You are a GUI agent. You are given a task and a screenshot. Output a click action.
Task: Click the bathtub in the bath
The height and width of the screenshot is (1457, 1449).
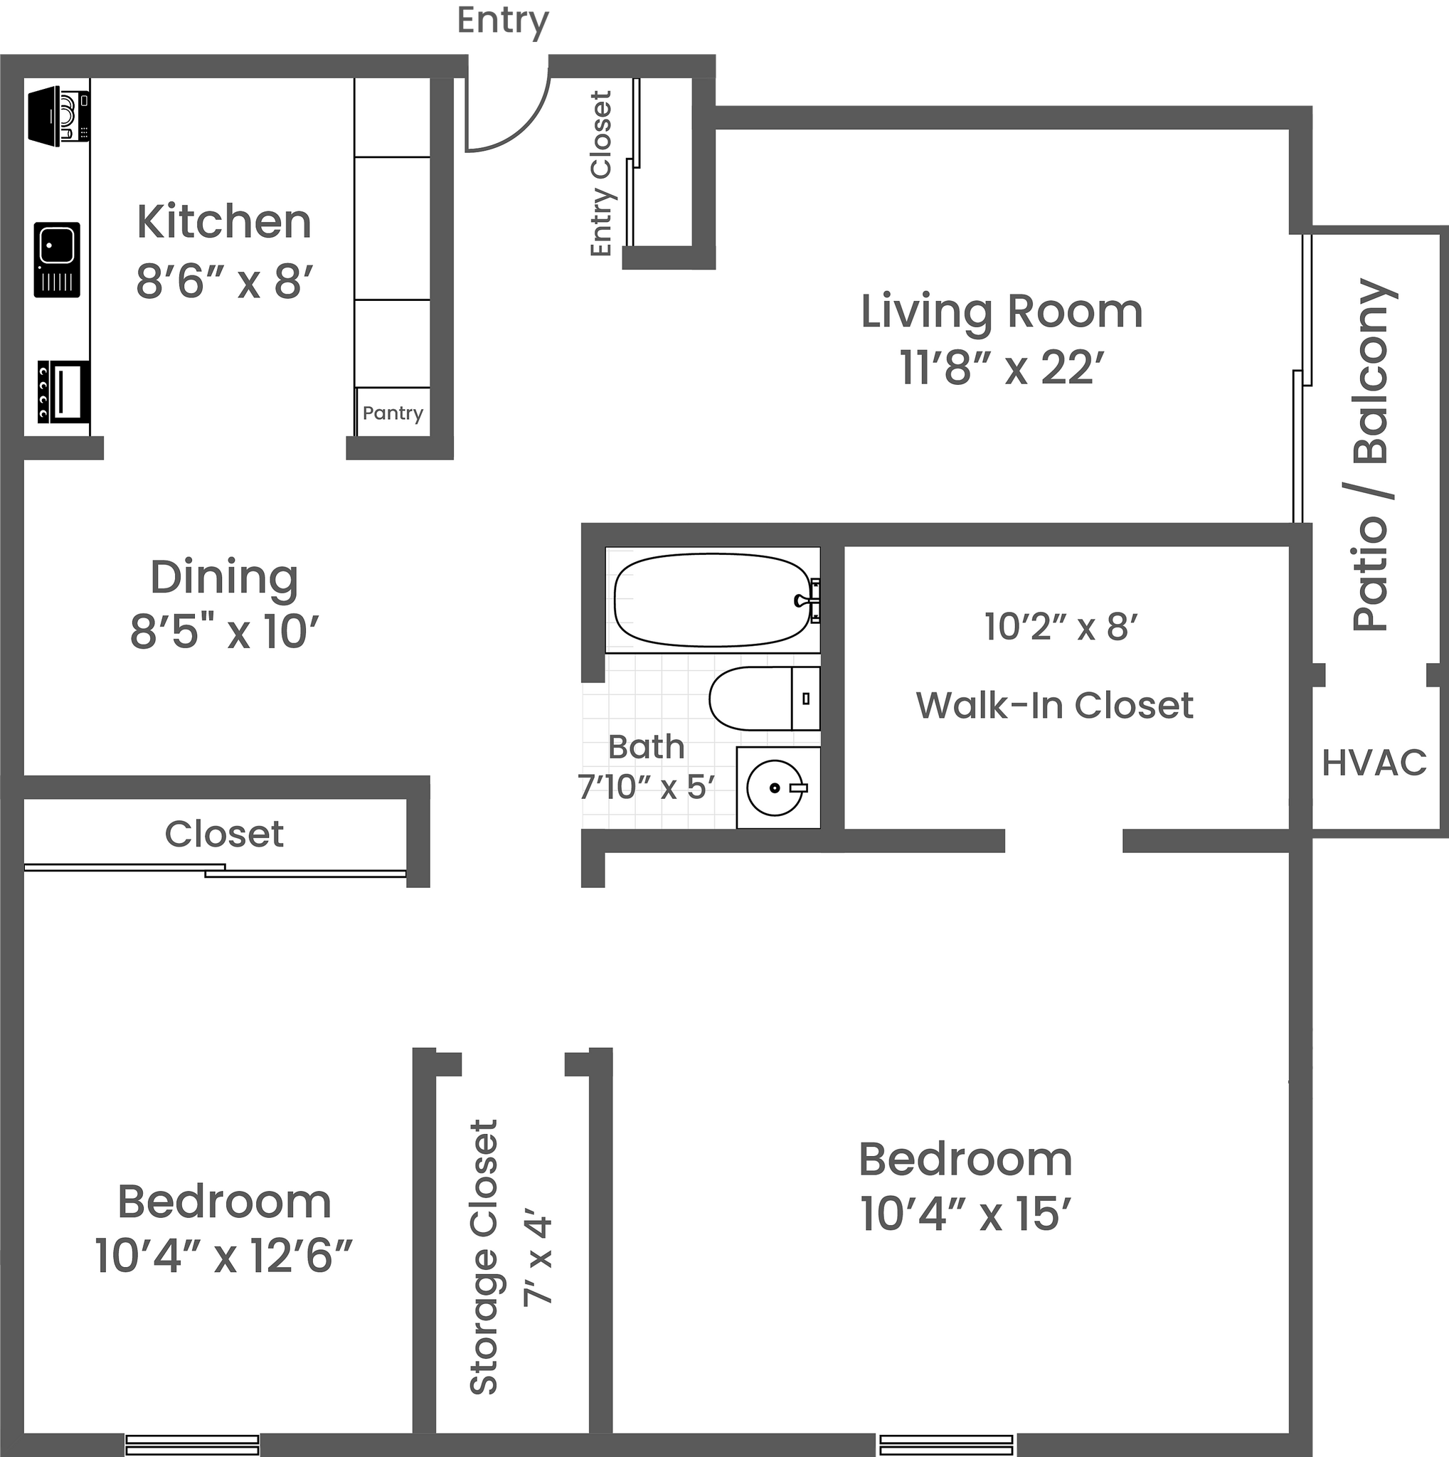709,600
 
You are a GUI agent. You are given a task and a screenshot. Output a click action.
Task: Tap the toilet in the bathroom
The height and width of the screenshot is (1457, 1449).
761,698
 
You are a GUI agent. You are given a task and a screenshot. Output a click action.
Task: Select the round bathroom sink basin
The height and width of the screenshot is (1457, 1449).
775,788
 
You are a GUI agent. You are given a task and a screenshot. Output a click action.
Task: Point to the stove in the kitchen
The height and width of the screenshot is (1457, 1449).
63,391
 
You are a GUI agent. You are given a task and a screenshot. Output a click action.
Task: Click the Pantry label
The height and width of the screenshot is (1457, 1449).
392,413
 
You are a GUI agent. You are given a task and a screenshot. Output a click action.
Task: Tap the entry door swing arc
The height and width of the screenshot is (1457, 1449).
520,124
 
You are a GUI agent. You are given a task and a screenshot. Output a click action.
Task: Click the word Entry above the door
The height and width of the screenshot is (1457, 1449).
503,21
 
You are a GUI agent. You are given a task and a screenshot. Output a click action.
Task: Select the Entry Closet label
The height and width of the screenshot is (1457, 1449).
602,174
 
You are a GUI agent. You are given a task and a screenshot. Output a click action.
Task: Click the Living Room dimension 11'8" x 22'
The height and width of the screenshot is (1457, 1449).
1002,369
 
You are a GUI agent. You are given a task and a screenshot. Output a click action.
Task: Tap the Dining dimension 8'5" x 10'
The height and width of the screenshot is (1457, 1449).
225,632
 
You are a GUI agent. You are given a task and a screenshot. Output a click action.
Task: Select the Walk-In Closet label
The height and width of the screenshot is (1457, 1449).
1054,706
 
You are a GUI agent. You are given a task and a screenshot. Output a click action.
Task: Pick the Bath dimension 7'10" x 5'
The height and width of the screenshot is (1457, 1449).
645,788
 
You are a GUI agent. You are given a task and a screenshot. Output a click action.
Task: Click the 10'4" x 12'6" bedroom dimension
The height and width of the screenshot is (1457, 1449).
224,1256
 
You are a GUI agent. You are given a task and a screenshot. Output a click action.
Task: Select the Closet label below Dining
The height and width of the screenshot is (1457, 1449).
224,834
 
